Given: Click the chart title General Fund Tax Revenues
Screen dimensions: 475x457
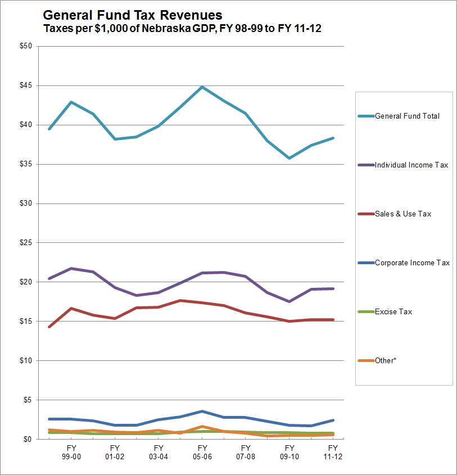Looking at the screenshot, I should point(132,15).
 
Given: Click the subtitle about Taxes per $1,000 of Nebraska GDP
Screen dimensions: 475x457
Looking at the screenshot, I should point(182,28).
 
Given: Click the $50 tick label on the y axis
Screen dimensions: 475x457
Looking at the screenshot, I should point(25,46).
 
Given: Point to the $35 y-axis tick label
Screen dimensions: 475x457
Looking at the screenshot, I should point(25,164).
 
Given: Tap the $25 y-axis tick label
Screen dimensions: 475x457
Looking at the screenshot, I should point(25,243).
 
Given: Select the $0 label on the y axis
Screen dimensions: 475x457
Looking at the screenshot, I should point(28,439).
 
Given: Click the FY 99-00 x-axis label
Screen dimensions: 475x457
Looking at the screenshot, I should point(71,453).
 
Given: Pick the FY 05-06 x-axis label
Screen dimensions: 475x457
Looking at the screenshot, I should point(202,453).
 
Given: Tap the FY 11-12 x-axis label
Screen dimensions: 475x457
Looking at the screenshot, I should point(333,453).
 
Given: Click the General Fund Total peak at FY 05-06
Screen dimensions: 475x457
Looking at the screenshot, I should point(202,87).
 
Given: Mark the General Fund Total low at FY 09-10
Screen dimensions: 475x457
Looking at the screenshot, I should point(289,158).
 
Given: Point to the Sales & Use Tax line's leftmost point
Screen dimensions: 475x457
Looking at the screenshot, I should point(49,327).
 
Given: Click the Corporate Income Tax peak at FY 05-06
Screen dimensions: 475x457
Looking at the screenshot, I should point(202,411).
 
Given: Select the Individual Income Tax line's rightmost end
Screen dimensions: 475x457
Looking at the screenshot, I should point(333,288).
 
